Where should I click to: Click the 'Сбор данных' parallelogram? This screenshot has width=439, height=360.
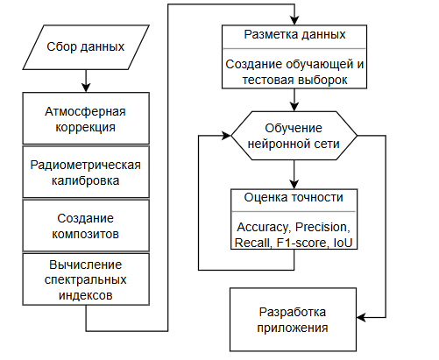[86, 47]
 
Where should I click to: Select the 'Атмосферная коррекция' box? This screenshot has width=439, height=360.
[86, 118]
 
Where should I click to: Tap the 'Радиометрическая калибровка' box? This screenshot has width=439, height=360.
[86, 172]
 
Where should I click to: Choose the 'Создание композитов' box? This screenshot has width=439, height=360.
[86, 225]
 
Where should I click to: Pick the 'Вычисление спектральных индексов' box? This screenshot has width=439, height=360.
[86, 279]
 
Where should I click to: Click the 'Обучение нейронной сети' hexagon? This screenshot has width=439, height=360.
[294, 136]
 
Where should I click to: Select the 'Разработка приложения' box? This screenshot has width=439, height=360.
[293, 320]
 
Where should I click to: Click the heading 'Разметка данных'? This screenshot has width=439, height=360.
[294, 34]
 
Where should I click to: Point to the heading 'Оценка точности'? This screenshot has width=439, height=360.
[294, 197]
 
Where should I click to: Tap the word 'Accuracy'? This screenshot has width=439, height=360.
[262, 227]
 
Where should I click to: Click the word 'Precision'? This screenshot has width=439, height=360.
[322, 227]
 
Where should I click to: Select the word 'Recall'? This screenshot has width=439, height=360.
[252, 243]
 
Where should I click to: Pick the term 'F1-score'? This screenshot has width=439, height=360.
[301, 243]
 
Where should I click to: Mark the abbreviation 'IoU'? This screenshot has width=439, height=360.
[343, 243]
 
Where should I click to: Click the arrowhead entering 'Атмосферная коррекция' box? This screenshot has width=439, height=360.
[86, 88]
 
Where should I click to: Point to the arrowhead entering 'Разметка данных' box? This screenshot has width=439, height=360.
[294, 20]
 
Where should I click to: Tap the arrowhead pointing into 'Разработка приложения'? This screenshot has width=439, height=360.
[361, 317]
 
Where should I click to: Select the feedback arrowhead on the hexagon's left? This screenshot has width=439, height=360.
[226, 136]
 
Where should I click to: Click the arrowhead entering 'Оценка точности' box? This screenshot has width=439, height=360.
[294, 185]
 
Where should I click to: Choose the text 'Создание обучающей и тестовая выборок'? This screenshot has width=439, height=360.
[294, 72]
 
